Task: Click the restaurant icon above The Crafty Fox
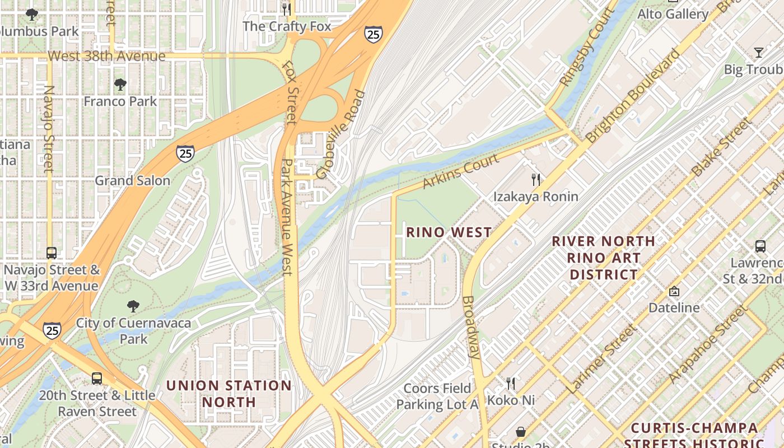coord(286,9)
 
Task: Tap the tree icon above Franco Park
coord(120,85)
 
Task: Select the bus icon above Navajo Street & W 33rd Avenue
coord(52,253)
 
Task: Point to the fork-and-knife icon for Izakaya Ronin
coord(536,180)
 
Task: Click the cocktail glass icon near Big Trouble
coord(759,53)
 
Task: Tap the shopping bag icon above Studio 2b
coord(521,432)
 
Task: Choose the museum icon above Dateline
coord(674,291)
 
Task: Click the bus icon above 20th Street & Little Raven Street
coord(97,378)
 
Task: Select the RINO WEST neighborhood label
coord(449,232)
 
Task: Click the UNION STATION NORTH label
coord(229,394)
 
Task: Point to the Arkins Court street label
coord(460,172)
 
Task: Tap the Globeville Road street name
coord(340,135)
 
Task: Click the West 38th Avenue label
coord(106,56)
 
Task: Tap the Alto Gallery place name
coord(673,14)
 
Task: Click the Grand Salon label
coord(132,180)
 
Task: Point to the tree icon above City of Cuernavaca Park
coord(133,306)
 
